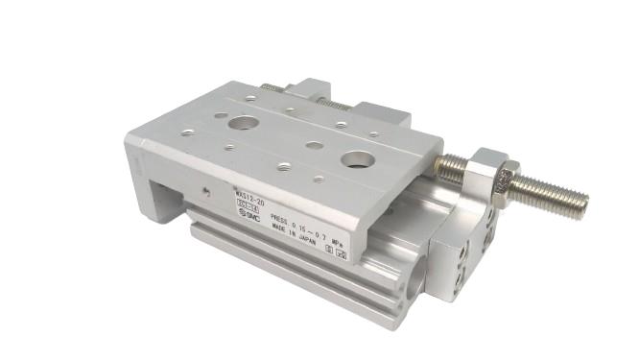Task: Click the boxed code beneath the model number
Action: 248,208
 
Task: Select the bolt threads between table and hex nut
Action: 451,170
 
